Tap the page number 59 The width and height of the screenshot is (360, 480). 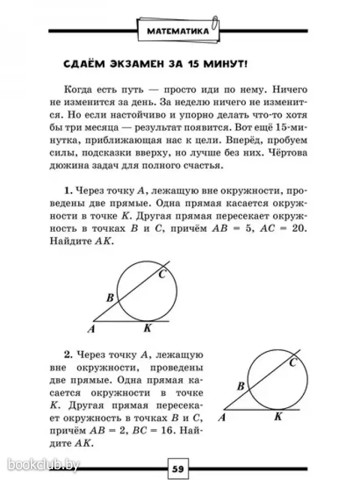[x=178, y=469]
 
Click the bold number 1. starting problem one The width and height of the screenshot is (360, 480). [x=68, y=190]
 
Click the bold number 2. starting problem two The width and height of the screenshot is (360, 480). [x=68, y=355]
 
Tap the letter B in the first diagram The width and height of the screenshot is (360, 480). [x=110, y=298]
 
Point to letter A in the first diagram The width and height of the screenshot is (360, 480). [x=92, y=329]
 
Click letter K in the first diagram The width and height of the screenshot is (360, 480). [x=147, y=328]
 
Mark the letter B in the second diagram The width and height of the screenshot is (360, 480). [x=240, y=386]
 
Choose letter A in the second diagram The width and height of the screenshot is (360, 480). [x=223, y=417]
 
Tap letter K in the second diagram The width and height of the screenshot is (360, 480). [x=278, y=417]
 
